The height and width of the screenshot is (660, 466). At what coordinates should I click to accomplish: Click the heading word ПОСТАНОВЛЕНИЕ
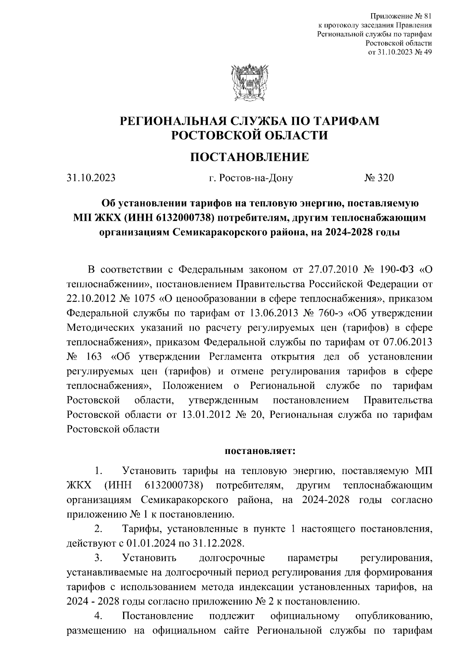pos(249,157)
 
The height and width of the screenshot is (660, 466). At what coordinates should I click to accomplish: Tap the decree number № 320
pos(379,178)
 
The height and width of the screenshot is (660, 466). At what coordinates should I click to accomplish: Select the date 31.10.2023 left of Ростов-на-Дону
pos(91,178)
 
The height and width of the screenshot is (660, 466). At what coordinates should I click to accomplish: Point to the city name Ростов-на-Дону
pos(250,178)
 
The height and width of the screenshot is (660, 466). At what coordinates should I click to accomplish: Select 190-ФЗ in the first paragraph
pos(394,269)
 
